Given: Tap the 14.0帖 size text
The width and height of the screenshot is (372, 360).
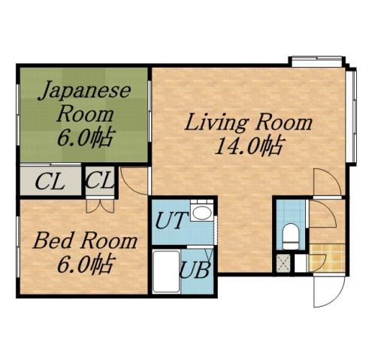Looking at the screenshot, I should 248,146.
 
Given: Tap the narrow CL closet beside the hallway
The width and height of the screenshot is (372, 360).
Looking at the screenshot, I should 99,181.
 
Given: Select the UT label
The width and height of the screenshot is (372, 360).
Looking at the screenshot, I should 169,222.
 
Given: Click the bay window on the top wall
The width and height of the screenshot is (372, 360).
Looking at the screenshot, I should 318,60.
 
